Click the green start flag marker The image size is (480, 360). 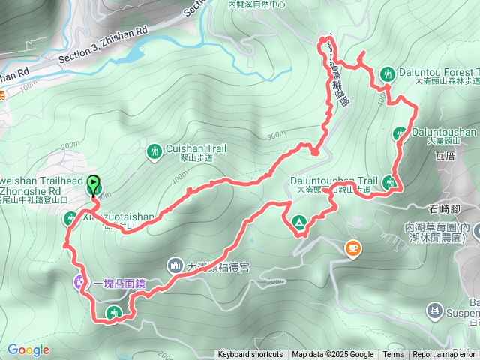[x=93, y=182]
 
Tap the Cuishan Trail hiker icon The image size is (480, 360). [x=154, y=151]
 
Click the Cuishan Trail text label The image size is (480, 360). [x=196, y=148]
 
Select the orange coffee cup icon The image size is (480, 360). [x=352, y=247]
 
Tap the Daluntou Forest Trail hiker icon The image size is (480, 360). [x=388, y=73]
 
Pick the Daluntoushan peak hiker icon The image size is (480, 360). [x=399, y=133]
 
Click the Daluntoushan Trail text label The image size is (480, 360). [x=334, y=181]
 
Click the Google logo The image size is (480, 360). [x=28, y=349]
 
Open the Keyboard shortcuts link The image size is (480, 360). [x=250, y=355]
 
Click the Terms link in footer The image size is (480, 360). [x=393, y=355]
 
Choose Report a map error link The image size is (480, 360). [x=443, y=355]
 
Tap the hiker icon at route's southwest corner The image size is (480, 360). [x=114, y=313]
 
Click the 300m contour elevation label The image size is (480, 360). [x=275, y=134]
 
